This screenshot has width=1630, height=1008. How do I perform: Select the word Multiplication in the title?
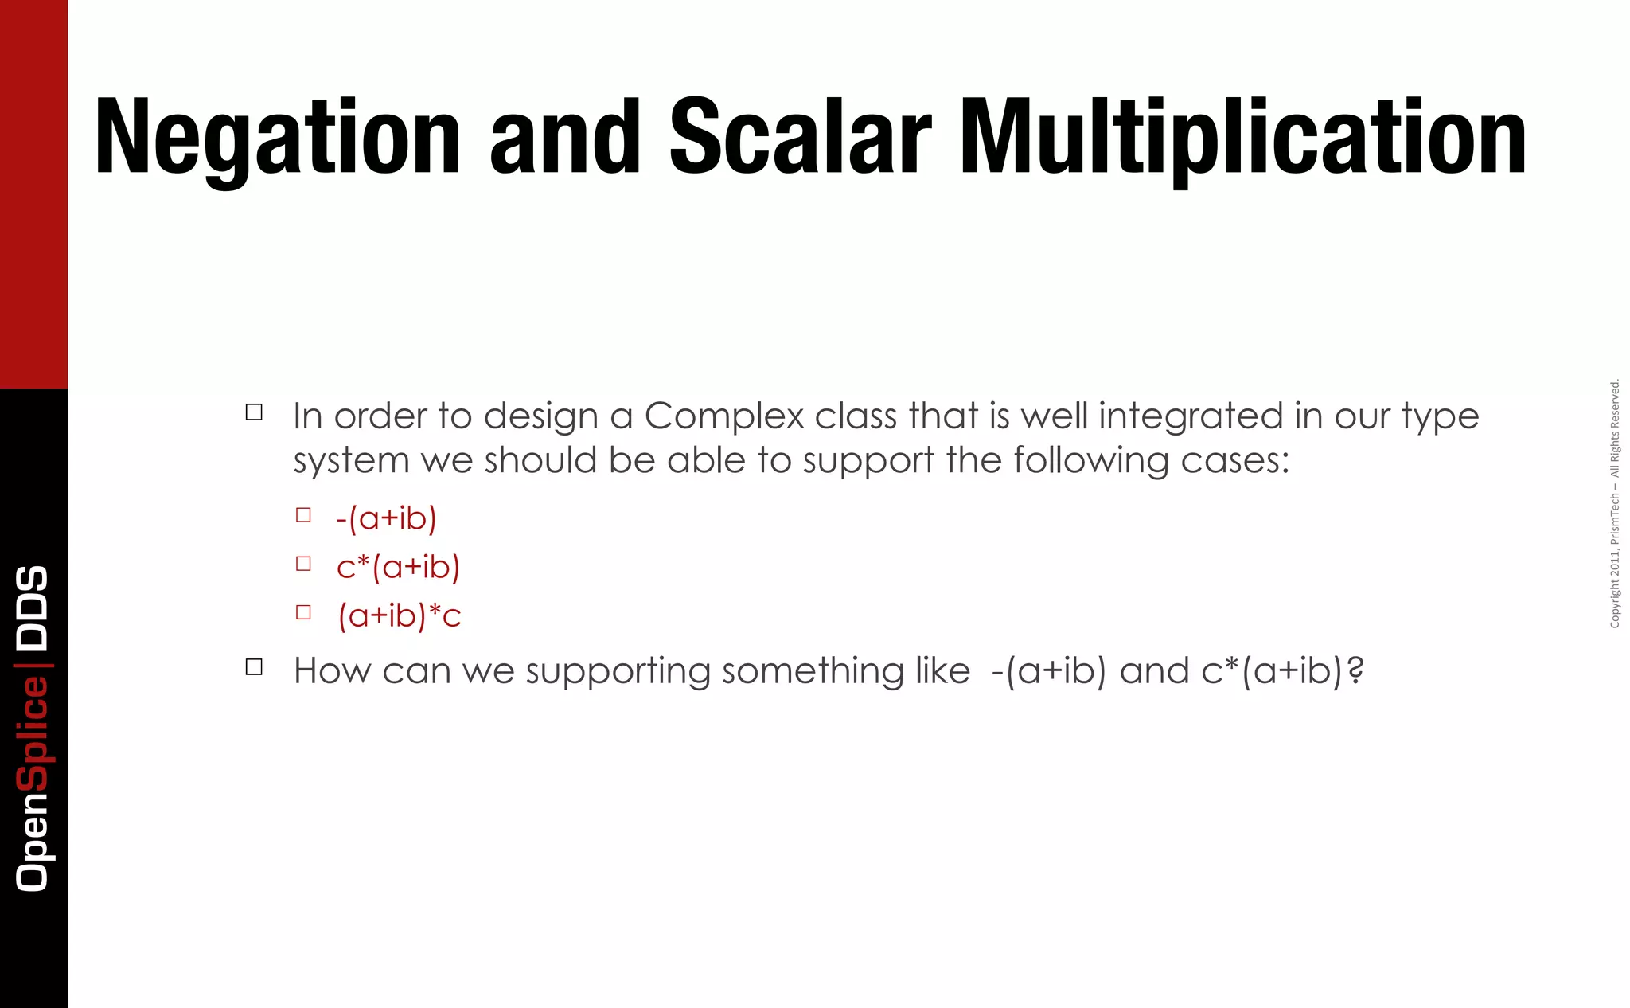click(1242, 137)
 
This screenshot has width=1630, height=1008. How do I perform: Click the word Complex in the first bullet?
click(723, 416)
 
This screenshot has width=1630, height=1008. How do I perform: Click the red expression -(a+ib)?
click(386, 518)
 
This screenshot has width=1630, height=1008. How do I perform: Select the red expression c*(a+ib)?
click(398, 567)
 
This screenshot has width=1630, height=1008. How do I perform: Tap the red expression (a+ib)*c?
click(400, 615)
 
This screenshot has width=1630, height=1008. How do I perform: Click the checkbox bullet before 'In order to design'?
click(254, 412)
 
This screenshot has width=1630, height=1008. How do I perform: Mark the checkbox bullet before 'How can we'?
click(254, 667)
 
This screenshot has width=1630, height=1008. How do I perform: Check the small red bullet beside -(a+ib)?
click(303, 515)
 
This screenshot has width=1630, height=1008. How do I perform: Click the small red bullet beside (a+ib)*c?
click(303, 612)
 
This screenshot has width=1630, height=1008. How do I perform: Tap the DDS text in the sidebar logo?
click(33, 608)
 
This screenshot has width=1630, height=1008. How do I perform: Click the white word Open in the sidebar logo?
click(33, 842)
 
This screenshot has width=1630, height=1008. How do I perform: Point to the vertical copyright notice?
click(1615, 503)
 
